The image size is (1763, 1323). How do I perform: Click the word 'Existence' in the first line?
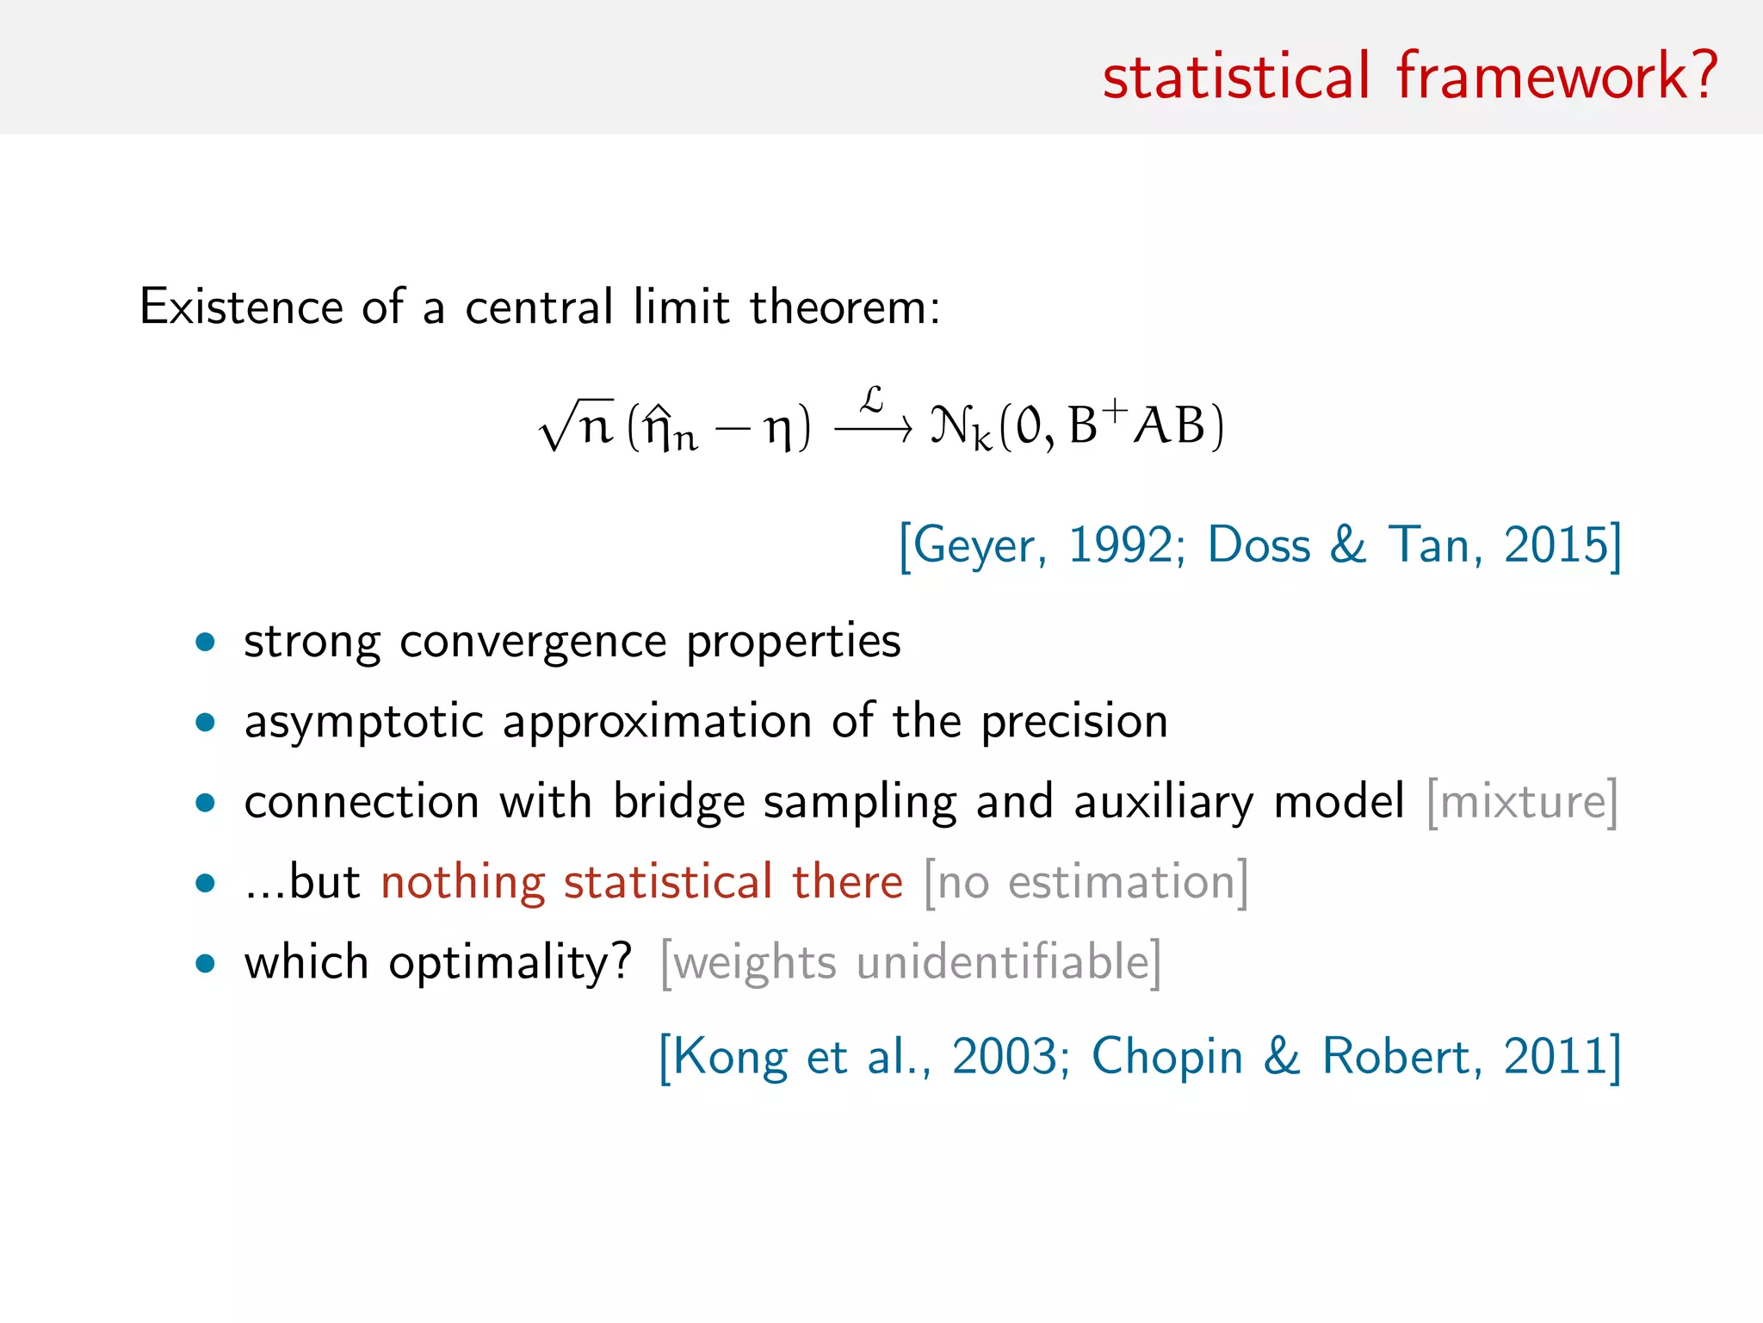click(x=241, y=307)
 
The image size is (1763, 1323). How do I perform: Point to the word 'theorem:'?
click(x=845, y=307)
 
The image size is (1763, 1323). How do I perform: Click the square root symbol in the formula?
click(x=555, y=426)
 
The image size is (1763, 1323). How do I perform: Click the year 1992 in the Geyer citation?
click(x=1120, y=545)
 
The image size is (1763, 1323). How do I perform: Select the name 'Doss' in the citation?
click(x=1259, y=545)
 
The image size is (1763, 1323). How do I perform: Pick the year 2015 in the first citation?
click(x=1556, y=545)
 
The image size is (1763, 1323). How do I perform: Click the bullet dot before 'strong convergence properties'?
click(x=205, y=642)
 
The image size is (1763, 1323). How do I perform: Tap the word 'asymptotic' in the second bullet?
click(x=364, y=722)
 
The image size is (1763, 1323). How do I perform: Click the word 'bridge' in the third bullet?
click(x=678, y=802)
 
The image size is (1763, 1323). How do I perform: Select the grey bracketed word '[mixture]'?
click(x=1522, y=802)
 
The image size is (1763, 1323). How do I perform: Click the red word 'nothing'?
click(x=463, y=882)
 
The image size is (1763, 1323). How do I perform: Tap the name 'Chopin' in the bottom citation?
click(x=1167, y=1056)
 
